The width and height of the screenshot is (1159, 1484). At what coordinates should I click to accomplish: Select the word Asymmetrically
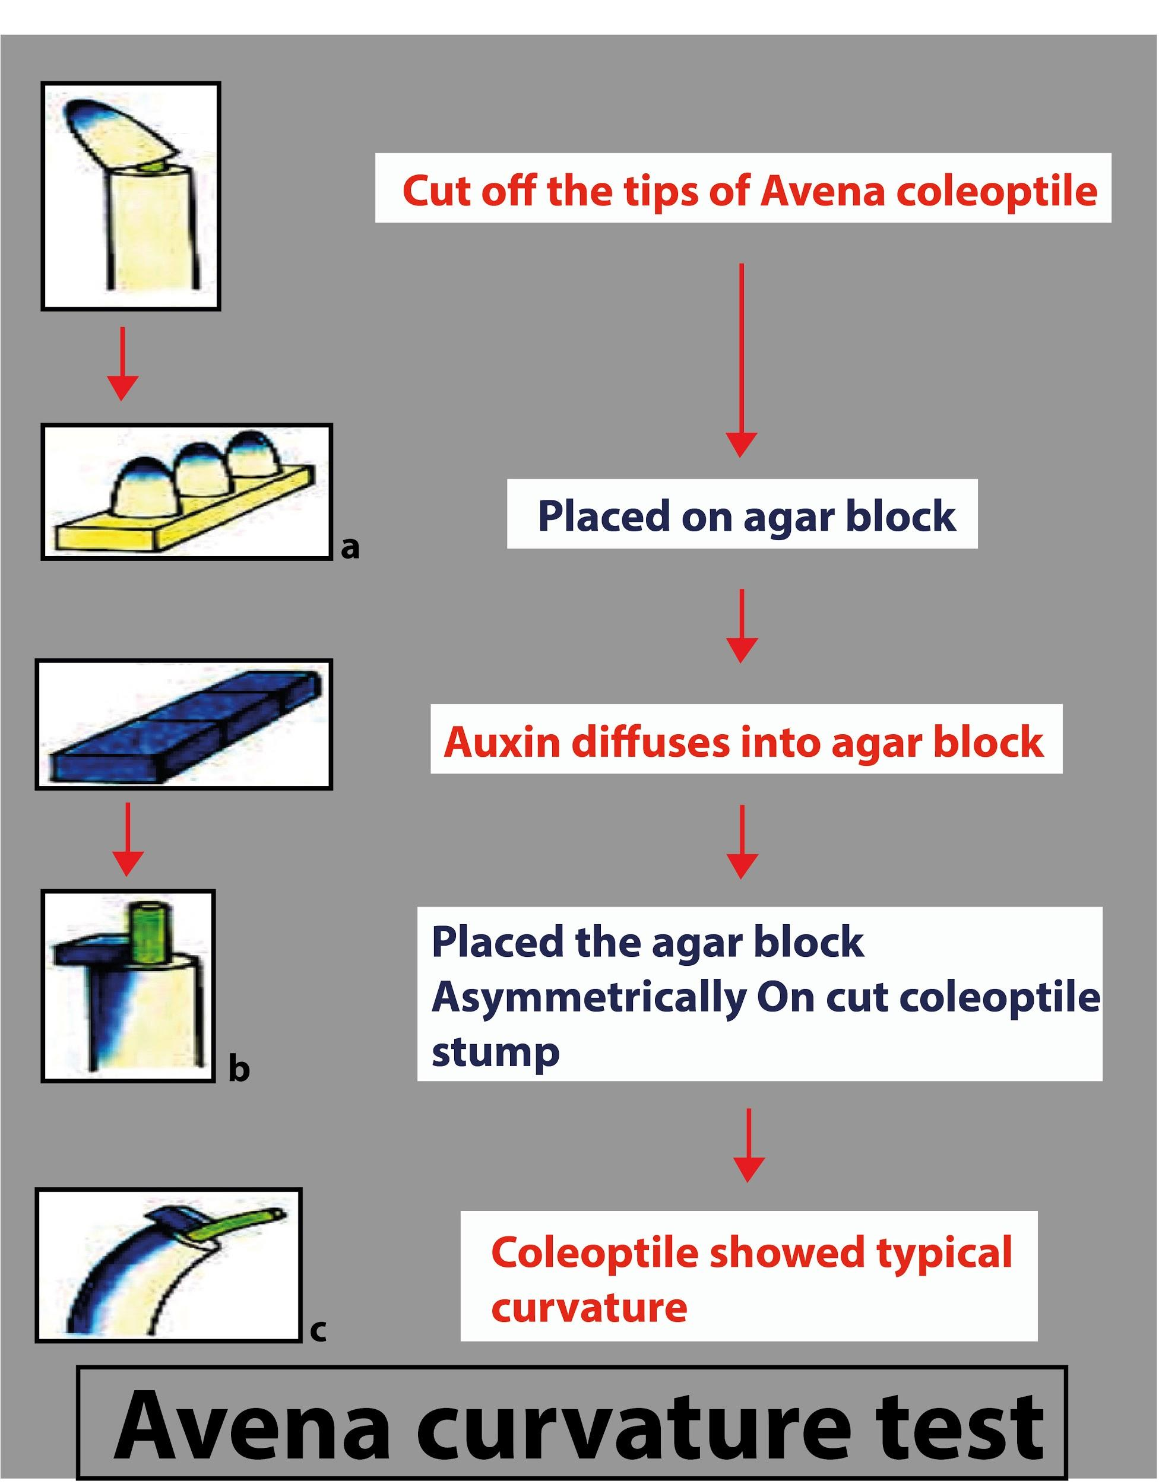587,999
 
